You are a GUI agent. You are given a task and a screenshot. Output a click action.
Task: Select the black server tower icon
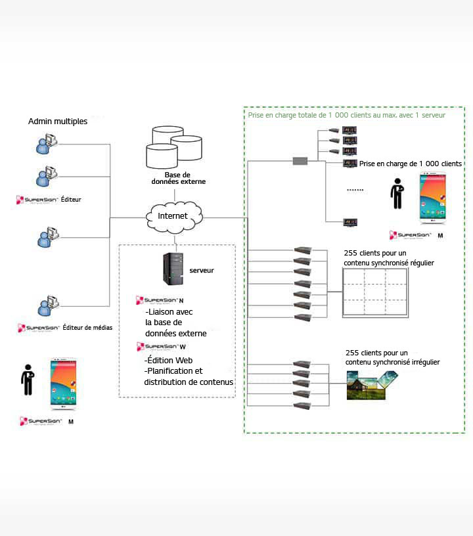pos(172,270)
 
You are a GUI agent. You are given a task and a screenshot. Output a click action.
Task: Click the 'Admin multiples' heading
pos(58,122)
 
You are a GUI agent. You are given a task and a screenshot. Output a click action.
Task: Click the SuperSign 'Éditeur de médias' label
pos(66,327)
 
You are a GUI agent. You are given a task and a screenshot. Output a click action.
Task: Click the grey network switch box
pos(300,161)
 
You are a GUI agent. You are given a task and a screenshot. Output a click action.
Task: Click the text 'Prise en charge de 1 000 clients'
pos(411,164)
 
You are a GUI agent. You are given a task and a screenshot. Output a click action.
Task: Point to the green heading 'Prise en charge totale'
pos(346,115)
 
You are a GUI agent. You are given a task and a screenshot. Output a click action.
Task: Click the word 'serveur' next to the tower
pos(201,270)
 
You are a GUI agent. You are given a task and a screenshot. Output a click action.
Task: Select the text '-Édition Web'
pos(168,361)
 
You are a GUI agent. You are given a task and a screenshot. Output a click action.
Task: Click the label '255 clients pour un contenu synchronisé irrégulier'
pos(392,357)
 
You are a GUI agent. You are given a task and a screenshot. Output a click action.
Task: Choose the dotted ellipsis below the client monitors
pos(355,190)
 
